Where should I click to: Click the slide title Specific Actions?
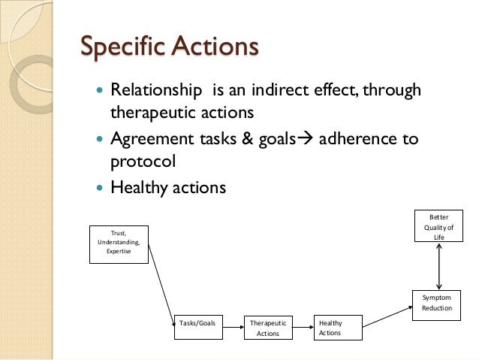[170, 47]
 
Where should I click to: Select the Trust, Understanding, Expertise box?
[119, 242]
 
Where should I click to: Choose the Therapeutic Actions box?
[268, 328]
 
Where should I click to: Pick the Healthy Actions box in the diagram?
[339, 328]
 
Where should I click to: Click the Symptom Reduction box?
[437, 302]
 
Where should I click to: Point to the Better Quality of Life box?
[437, 225]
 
